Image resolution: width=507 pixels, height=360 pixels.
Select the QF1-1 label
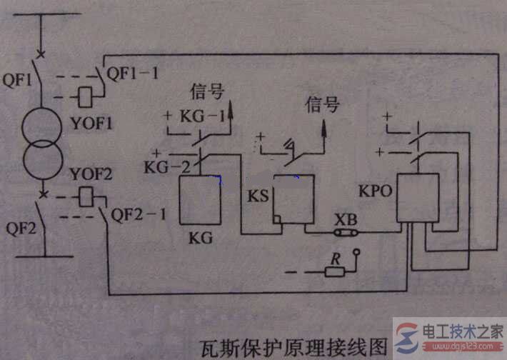[131, 72]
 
